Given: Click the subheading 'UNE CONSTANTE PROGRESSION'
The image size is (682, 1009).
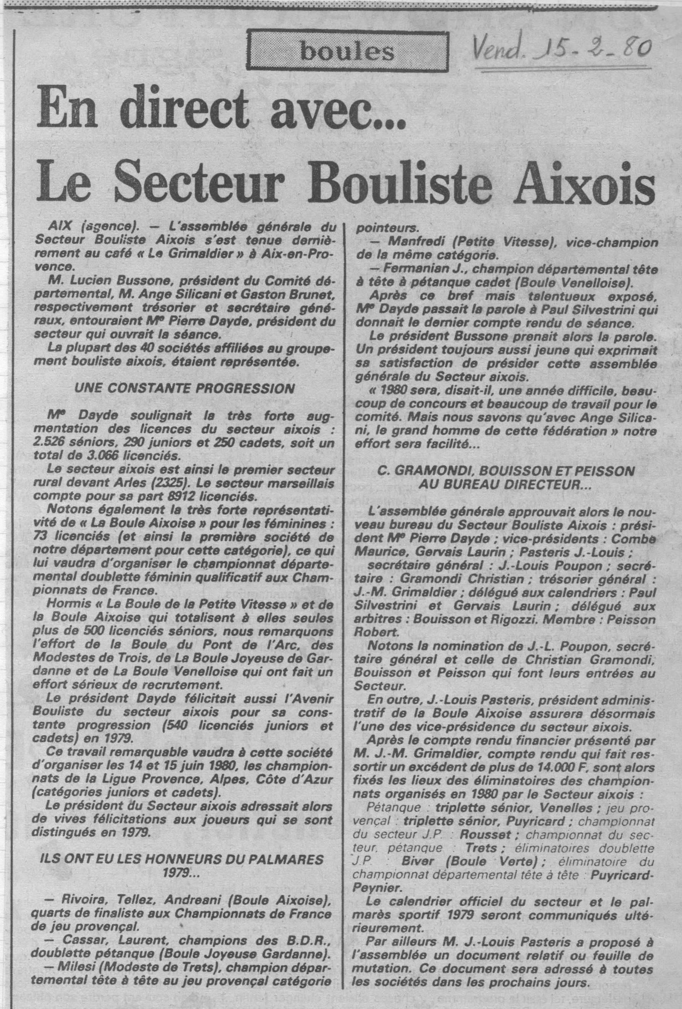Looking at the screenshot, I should (185, 388).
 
